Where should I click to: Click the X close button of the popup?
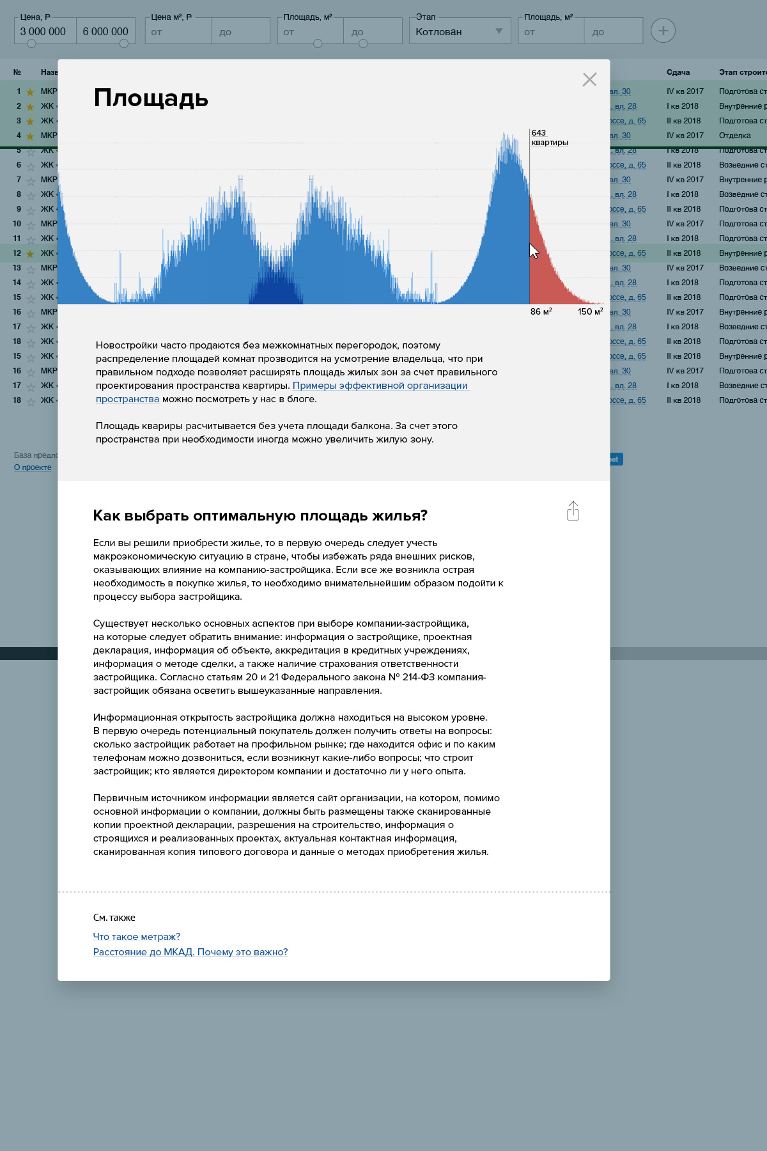point(589,79)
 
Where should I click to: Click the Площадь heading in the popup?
point(151,98)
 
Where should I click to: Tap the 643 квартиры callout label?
point(549,137)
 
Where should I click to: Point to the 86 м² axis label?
point(541,311)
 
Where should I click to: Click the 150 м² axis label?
point(590,311)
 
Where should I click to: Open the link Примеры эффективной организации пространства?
point(380,386)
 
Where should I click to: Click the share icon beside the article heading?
point(573,511)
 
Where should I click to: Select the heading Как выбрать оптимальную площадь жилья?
point(260,515)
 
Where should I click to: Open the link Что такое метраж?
point(137,936)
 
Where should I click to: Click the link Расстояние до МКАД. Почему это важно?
point(190,951)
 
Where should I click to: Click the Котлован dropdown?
point(460,31)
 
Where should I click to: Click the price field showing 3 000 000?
point(43,31)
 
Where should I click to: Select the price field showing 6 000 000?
point(105,31)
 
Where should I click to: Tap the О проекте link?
point(33,467)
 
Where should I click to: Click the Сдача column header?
point(678,72)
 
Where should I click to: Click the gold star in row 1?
point(30,92)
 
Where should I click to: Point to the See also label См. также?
point(114,918)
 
